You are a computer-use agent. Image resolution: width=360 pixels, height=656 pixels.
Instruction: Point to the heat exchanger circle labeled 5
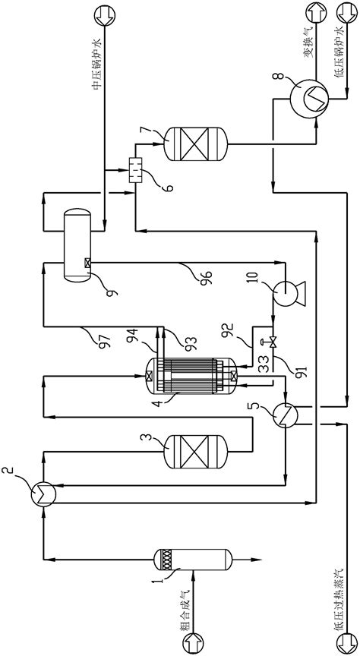tap(288, 412)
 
